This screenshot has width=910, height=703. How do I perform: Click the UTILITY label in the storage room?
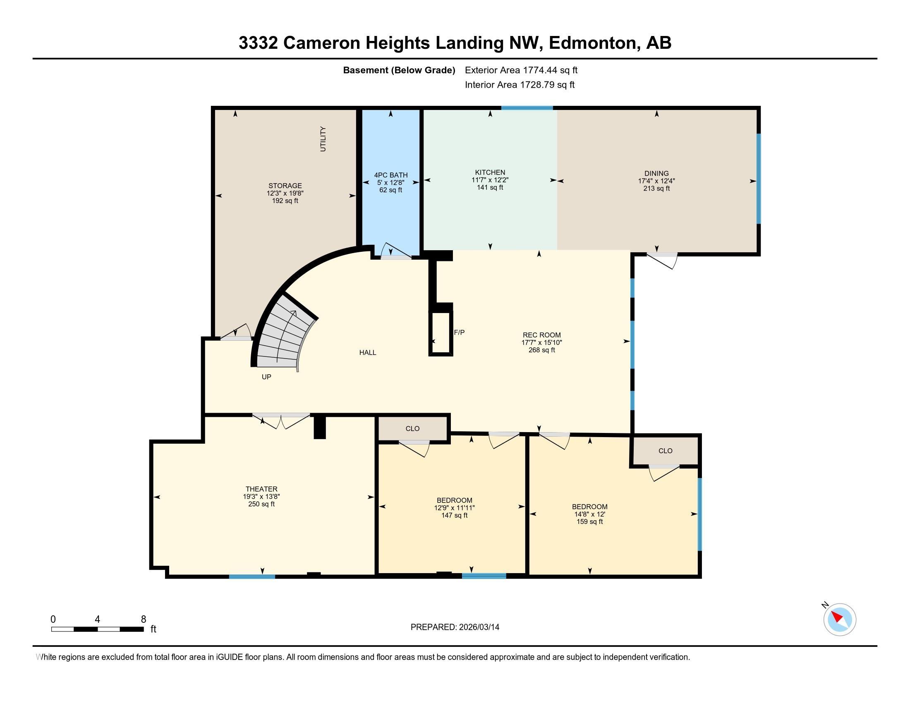323,139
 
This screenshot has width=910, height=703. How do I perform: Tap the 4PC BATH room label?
390,175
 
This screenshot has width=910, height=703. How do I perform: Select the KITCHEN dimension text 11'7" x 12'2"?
490,180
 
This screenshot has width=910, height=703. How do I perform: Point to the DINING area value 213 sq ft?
656,188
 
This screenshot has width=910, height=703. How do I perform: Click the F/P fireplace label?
459,332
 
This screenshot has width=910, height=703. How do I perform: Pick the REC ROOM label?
542,335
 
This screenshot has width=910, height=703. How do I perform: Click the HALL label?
367,352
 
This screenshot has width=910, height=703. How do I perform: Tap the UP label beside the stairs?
266,377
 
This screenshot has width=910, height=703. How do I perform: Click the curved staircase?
283,333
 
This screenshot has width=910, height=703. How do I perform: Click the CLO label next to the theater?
412,428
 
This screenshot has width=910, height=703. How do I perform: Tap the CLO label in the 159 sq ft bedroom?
666,451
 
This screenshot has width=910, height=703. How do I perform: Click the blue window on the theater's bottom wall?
251,576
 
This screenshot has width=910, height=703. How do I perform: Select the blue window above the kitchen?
527,108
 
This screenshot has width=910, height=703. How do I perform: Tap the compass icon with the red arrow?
840,619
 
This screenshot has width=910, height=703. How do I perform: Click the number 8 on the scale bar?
144,619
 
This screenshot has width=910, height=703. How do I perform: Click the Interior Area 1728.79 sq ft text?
520,85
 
